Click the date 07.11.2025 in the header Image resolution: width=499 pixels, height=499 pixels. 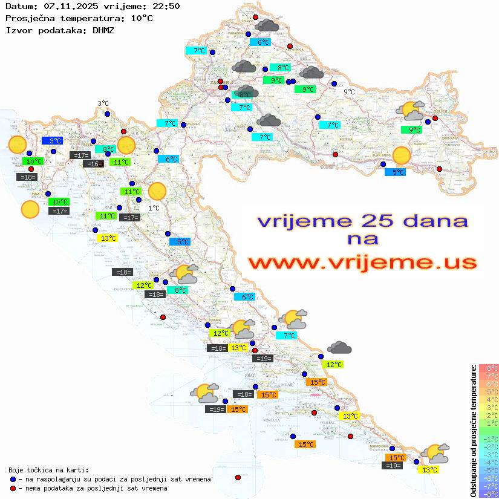pyautogui.click(x=68, y=6)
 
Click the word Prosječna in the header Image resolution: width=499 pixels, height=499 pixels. pyautogui.click(x=28, y=18)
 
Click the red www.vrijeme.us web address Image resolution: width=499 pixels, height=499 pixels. pyautogui.click(x=362, y=263)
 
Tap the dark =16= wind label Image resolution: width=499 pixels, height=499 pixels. pyautogui.click(x=93, y=164)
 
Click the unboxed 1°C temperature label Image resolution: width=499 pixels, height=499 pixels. pyautogui.click(x=154, y=208)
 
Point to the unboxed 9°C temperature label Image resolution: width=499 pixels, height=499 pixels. pyautogui.click(x=349, y=92)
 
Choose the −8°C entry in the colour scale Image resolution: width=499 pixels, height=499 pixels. pyautogui.click(x=488, y=494)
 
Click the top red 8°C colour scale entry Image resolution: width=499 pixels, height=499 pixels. pyautogui.click(x=488, y=368)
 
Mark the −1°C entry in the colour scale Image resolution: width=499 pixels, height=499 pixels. pyautogui.click(x=488, y=439)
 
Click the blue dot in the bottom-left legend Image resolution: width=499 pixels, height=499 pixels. pyautogui.click(x=13, y=479)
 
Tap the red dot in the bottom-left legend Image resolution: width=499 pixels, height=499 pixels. pyautogui.click(x=13, y=488)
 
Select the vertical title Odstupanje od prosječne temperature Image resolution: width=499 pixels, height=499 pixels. pyautogui.click(x=473, y=431)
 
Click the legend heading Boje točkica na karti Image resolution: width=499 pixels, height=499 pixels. pyautogui.click(x=48, y=470)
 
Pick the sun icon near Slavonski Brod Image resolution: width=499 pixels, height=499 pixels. pyautogui.click(x=401, y=155)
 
